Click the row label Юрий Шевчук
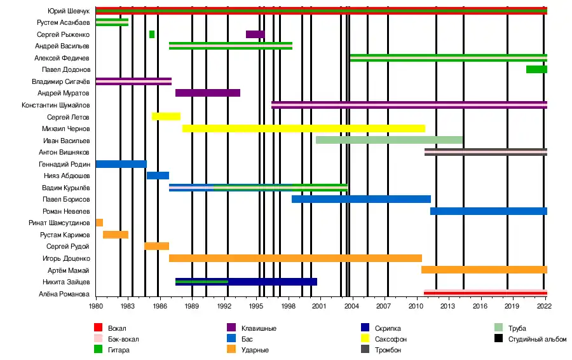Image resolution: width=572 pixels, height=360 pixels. pyautogui.click(x=71, y=11)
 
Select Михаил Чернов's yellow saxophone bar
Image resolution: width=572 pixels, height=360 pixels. pyautogui.click(x=303, y=128)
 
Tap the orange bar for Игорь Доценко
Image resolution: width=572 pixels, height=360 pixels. pyautogui.click(x=296, y=258)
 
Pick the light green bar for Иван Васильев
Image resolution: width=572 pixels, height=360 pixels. pyautogui.click(x=389, y=140)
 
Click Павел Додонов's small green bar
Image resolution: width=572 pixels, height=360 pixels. pyautogui.click(x=536, y=69)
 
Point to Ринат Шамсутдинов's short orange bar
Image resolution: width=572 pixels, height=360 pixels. pyautogui.click(x=99, y=223)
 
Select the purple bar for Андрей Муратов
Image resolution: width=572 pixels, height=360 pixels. pyautogui.click(x=208, y=93)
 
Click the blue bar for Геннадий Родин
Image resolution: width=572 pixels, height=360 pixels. pyautogui.click(x=121, y=164)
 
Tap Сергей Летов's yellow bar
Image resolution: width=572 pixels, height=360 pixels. pyautogui.click(x=166, y=116)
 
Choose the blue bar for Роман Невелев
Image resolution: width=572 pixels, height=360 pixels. pyautogui.click(x=488, y=211)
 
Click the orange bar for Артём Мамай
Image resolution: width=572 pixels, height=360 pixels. pyautogui.click(x=484, y=270)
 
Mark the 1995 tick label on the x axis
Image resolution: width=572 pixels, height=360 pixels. pyautogui.click(x=256, y=306)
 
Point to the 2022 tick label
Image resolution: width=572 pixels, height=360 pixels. pyautogui.click(x=544, y=306)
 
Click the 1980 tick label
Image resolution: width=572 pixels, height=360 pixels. pyautogui.click(x=96, y=306)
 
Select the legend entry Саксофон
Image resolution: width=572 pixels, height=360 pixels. pyautogui.click(x=391, y=339)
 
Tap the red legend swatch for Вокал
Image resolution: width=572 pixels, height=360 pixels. pyautogui.click(x=99, y=328)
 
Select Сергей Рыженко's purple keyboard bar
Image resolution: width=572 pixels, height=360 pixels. pyautogui.click(x=255, y=34)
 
